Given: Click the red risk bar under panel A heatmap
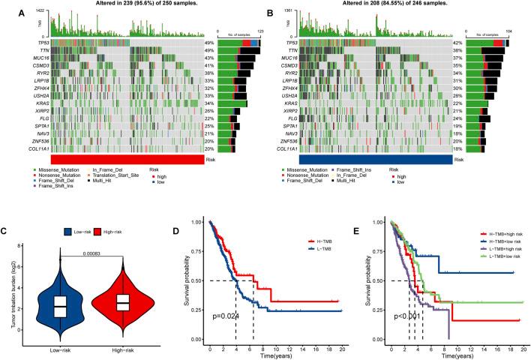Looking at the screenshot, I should point(126,160).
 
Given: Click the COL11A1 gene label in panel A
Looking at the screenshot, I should point(33,148).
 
